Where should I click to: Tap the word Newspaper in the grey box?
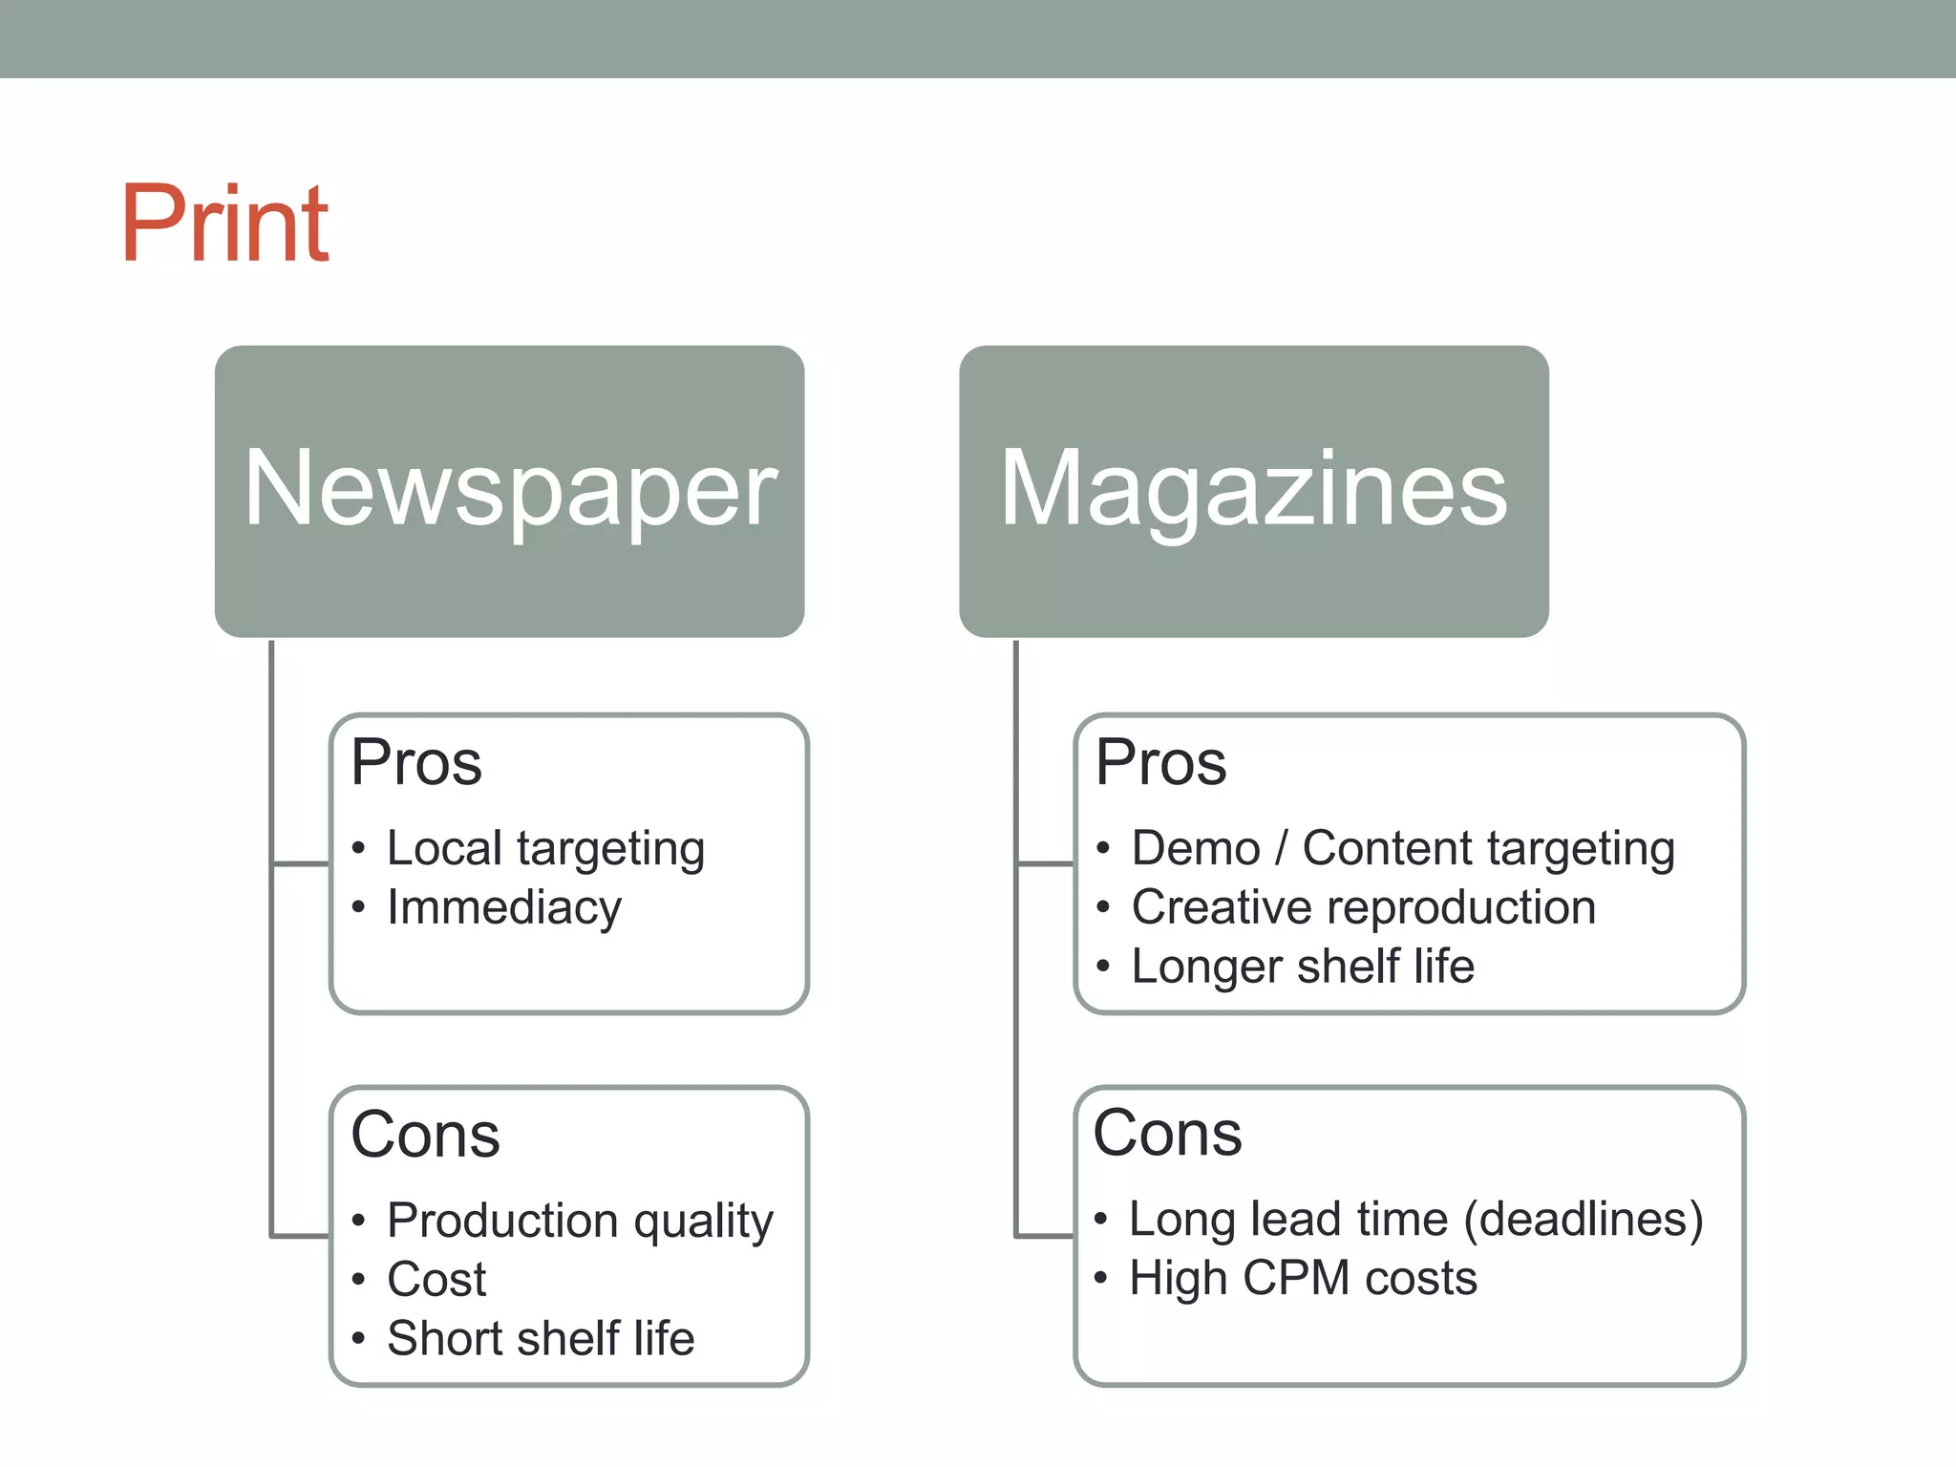tap(510, 489)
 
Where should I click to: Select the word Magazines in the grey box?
tap(1253, 489)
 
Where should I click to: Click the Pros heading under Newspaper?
tap(416, 763)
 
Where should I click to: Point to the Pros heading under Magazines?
tap(1160, 763)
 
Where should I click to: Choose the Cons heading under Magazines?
tap(1167, 1134)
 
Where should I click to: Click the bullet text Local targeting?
tap(545, 848)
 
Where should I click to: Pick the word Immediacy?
tap(504, 907)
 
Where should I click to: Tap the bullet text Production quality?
tap(580, 1221)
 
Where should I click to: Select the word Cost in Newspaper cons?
tap(436, 1280)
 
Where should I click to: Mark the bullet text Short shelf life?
tap(541, 1338)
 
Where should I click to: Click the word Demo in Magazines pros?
tap(1196, 848)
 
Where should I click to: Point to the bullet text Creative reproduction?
tap(1363, 907)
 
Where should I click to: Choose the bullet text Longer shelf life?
tap(1303, 967)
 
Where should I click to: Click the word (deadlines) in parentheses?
tap(1584, 1220)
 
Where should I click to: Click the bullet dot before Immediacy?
tap(358, 907)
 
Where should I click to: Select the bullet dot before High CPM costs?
tap(1101, 1278)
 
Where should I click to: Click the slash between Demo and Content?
tap(1282, 848)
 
